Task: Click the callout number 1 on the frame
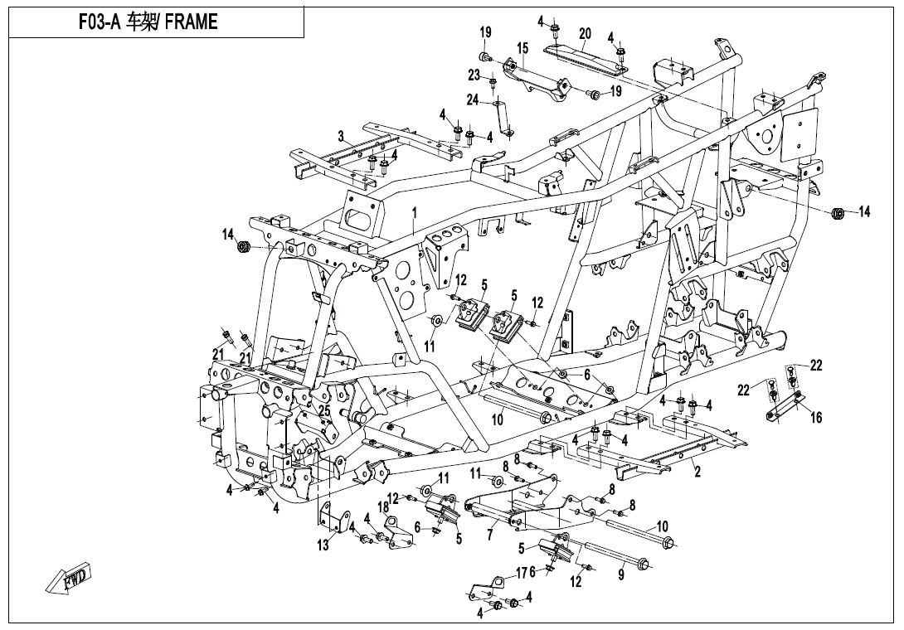click(x=414, y=214)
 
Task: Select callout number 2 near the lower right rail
click(x=697, y=472)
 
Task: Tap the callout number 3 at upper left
click(x=340, y=136)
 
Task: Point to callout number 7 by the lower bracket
click(x=489, y=536)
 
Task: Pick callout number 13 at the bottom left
click(x=323, y=545)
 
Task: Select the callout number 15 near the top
click(x=522, y=49)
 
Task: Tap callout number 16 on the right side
click(x=816, y=418)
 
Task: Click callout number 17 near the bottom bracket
click(x=521, y=573)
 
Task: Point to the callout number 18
click(x=383, y=506)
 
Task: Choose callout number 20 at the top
click(x=585, y=34)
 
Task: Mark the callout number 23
click(x=474, y=75)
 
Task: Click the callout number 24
click(x=472, y=100)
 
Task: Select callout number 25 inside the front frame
click(x=324, y=410)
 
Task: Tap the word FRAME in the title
click(x=192, y=22)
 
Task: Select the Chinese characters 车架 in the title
click(x=139, y=22)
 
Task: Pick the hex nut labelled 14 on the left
click(x=244, y=246)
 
